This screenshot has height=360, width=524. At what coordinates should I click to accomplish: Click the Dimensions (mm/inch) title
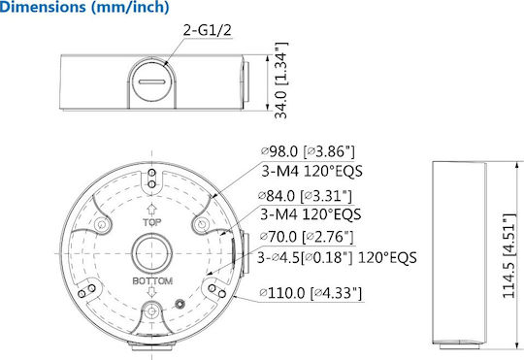click(x=84, y=8)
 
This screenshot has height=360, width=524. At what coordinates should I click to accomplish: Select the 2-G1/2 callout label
click(x=208, y=30)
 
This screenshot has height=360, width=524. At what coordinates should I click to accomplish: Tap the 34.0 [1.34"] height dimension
click(x=280, y=81)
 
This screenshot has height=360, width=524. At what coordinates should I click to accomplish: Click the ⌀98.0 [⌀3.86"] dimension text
click(x=307, y=151)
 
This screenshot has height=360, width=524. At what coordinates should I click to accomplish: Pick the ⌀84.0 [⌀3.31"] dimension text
click(x=306, y=196)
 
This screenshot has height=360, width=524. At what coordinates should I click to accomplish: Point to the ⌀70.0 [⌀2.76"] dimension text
click(x=307, y=237)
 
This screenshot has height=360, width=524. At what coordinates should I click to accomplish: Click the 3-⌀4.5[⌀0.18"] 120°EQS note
click(x=337, y=258)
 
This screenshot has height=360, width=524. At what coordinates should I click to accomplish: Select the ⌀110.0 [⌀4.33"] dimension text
click(x=311, y=293)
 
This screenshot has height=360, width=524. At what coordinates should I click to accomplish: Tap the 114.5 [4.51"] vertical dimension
click(x=509, y=255)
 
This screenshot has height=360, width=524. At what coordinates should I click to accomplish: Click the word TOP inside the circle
click(x=152, y=222)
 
